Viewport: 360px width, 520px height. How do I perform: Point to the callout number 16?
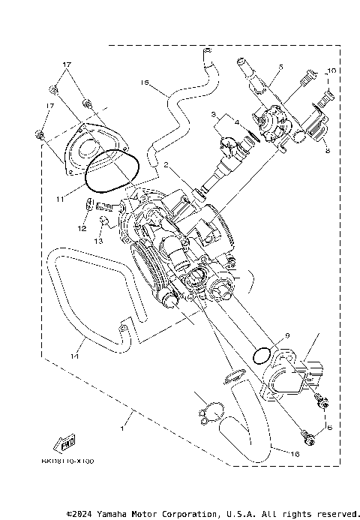point(295,454)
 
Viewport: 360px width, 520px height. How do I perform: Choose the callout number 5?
point(280,68)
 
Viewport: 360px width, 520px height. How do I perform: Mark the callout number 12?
point(83,227)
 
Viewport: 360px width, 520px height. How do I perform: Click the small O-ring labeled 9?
point(263,354)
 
